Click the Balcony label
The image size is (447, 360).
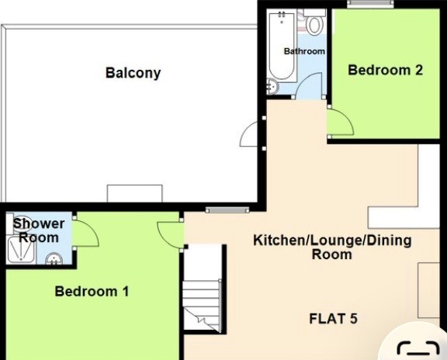click(x=133, y=73)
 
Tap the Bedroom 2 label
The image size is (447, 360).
click(x=385, y=70)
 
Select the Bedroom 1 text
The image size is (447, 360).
click(x=92, y=291)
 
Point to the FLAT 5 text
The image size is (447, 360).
click(x=333, y=319)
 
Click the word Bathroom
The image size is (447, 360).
click(x=304, y=51)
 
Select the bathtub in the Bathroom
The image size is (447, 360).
click(x=282, y=46)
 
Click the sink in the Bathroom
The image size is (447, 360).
click(x=272, y=86)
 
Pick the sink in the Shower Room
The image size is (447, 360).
click(x=54, y=258)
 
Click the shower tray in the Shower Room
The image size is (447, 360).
click(x=22, y=250)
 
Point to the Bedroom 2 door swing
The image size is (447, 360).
click(x=341, y=122)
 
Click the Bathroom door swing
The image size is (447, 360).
click(x=309, y=85)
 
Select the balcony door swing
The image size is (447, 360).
click(x=248, y=133)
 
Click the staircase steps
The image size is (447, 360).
click(x=202, y=306)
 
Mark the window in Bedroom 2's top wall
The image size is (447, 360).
click(x=370, y=3)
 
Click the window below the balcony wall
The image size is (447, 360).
click(x=227, y=210)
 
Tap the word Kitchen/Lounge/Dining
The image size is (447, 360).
click(x=332, y=241)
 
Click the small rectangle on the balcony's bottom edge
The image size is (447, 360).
click(x=134, y=193)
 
